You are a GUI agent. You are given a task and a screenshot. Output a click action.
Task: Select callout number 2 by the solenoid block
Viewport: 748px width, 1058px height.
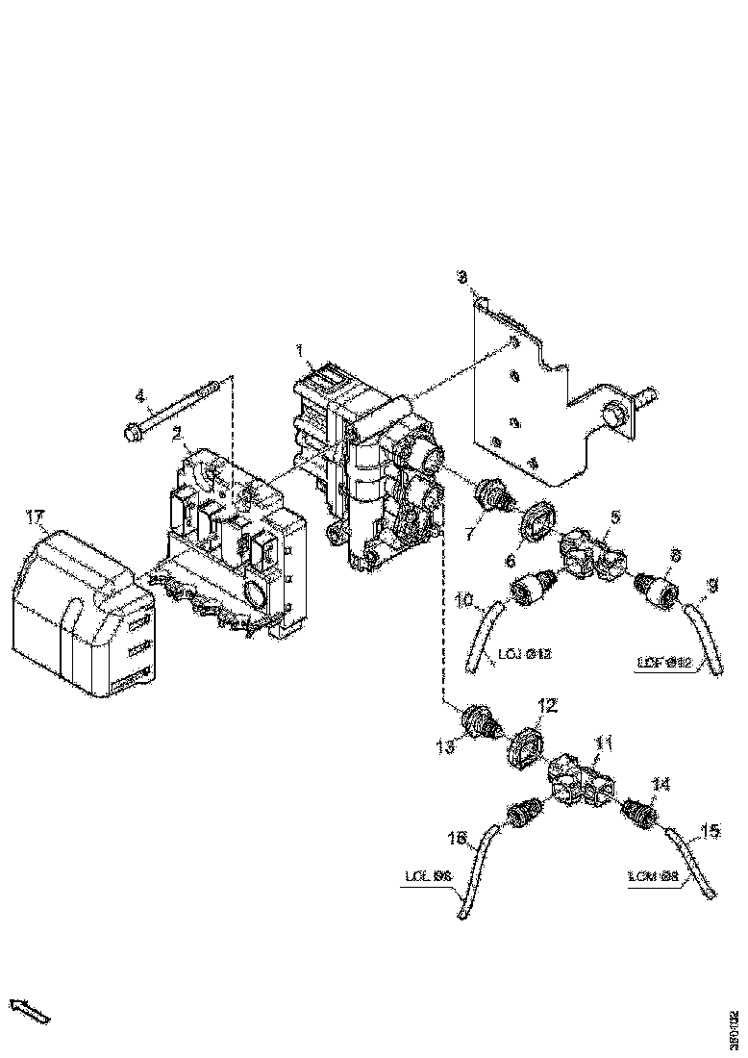(178, 434)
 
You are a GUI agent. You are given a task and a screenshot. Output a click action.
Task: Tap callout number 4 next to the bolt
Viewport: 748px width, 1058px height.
(139, 395)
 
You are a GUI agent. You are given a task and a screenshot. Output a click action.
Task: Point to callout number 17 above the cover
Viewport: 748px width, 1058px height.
(36, 519)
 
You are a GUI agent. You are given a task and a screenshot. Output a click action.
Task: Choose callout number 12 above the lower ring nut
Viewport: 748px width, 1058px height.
(546, 707)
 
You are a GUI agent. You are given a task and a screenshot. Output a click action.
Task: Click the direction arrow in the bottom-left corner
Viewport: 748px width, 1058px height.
(29, 1010)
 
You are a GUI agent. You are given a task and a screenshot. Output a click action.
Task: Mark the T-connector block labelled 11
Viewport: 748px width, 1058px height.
(580, 775)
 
